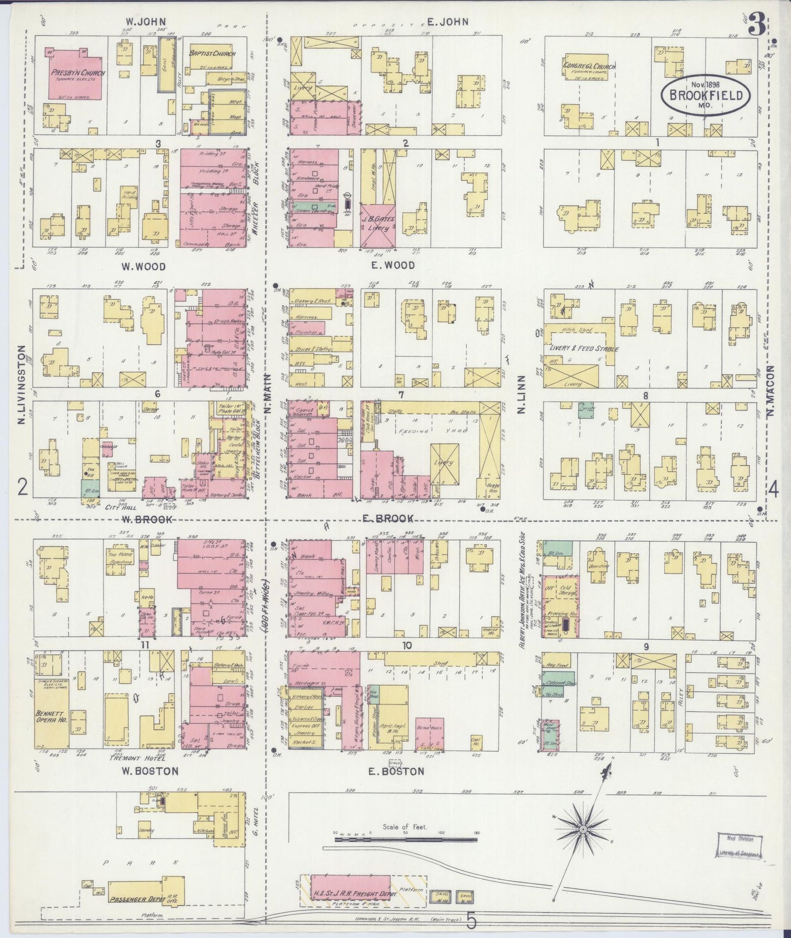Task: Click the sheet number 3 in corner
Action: pyautogui.click(x=757, y=27)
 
